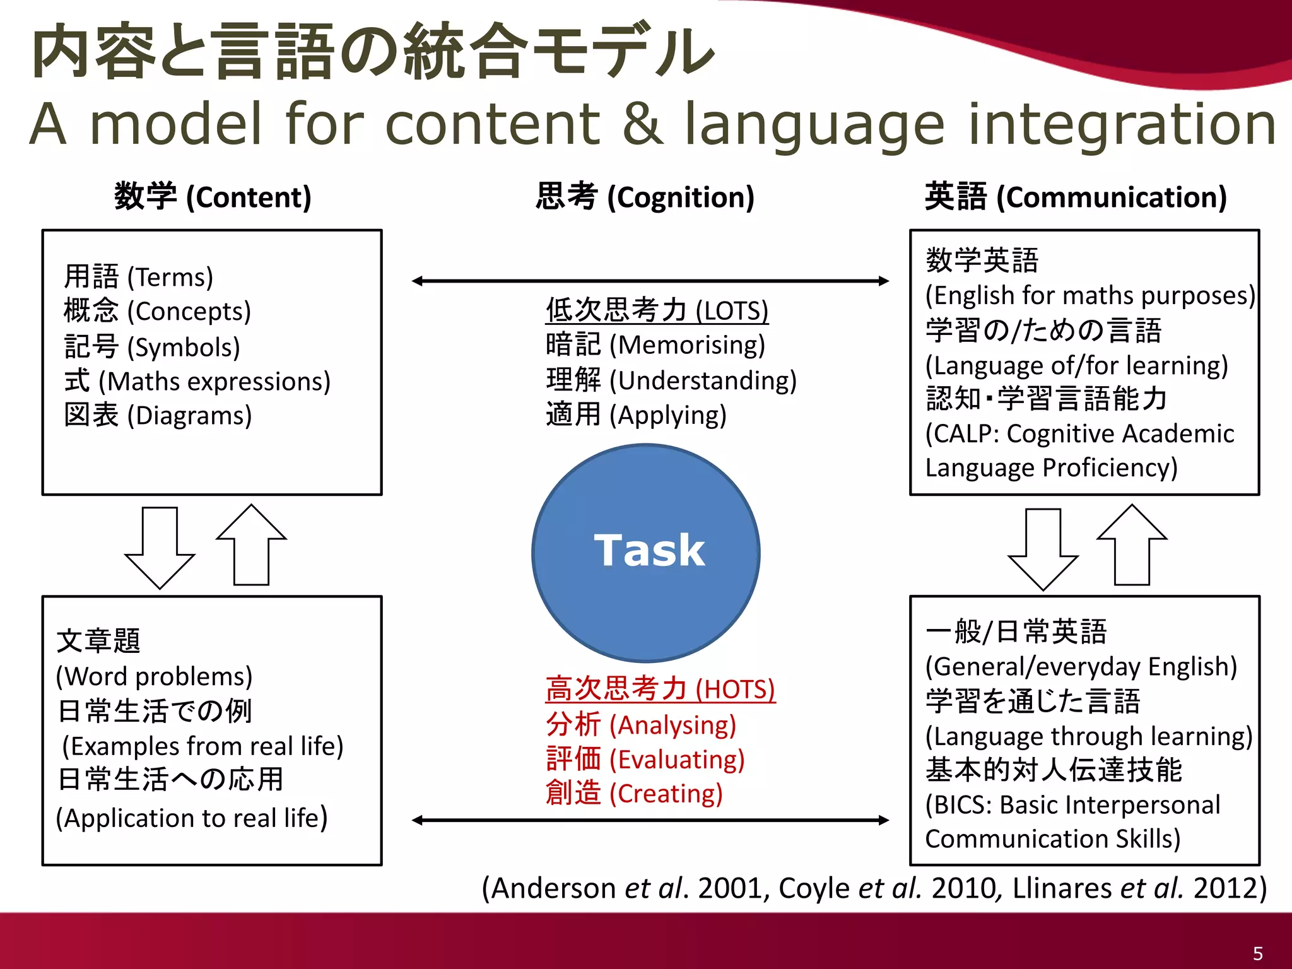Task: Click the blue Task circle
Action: [646, 553]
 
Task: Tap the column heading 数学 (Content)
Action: [213, 196]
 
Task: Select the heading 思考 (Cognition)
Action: [645, 196]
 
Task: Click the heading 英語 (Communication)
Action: [1076, 196]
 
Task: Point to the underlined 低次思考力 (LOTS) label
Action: [657, 310]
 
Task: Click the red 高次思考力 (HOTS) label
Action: [660, 689]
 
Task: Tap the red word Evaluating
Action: [677, 760]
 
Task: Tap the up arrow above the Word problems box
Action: [251, 545]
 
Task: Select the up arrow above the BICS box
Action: [1132, 545]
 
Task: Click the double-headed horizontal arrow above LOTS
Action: [650, 281]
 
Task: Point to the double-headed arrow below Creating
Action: [650, 820]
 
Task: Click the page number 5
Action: [1257, 953]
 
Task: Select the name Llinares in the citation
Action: [1062, 888]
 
